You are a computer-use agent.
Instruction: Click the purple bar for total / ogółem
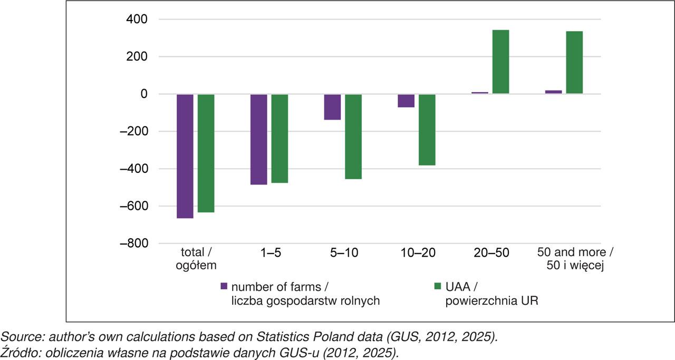[185, 156]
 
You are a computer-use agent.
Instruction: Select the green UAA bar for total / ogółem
[206, 153]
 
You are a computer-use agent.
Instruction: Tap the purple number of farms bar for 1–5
[258, 140]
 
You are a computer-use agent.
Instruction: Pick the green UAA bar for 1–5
[279, 139]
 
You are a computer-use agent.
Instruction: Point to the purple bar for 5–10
[332, 107]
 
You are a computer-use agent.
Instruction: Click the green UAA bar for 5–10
[353, 137]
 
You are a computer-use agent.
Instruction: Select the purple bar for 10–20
[406, 101]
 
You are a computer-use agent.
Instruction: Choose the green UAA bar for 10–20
[427, 130]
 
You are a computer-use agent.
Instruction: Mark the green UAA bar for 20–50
[500, 62]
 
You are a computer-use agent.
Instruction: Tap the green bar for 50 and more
[574, 63]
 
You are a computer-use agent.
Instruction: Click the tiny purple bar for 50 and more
[553, 92]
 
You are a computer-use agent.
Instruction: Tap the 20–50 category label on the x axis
[490, 252]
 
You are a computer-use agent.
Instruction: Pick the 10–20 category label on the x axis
[417, 252]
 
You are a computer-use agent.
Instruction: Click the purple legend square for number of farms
[224, 286]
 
